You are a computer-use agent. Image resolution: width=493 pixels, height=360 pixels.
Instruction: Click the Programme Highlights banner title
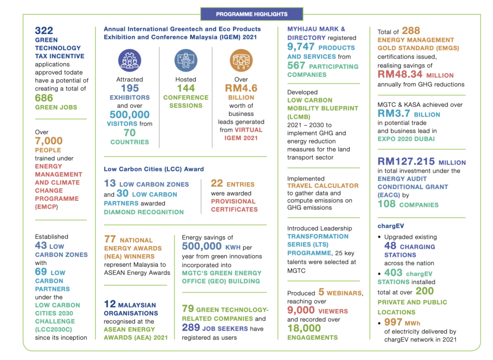[251, 14]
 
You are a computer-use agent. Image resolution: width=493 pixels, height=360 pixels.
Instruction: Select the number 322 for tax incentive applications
[44, 30]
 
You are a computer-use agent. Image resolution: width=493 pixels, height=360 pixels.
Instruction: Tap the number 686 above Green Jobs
[44, 98]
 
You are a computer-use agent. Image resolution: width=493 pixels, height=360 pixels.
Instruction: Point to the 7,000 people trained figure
[49, 141]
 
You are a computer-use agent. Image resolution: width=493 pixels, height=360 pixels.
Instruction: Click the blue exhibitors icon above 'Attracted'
[130, 60]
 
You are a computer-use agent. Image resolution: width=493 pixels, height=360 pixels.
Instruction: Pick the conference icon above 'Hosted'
[186, 60]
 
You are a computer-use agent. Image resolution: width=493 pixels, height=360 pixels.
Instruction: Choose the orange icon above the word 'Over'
[241, 60]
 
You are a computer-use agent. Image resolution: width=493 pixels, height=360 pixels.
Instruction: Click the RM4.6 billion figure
[241, 88]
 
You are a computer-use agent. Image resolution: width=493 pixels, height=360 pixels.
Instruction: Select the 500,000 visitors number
[130, 115]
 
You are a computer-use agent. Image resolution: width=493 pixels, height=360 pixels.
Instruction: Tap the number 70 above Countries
[130, 133]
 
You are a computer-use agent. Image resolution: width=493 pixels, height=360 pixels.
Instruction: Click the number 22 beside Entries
[217, 183]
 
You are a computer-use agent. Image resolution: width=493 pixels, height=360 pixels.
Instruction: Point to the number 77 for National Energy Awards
[110, 239]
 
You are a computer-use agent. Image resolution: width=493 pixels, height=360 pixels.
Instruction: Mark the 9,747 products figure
[301, 47]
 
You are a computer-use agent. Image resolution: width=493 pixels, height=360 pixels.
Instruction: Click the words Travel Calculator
[323, 186]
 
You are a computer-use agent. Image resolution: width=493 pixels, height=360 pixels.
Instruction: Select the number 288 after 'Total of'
[411, 30]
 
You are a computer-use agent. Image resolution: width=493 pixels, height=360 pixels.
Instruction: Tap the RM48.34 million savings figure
[400, 74]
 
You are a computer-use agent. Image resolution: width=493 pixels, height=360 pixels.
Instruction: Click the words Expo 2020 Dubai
[406, 139]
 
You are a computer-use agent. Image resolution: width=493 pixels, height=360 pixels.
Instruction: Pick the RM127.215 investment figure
[406, 161]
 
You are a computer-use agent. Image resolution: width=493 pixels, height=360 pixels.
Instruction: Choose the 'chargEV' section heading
[391, 226]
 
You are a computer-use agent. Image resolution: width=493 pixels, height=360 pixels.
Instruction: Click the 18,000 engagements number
[304, 328]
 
